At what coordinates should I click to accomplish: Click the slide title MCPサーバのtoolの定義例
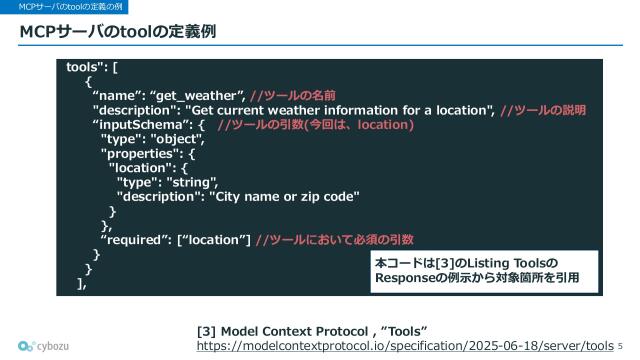[119, 35]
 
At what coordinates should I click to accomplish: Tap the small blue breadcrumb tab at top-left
[65, 7]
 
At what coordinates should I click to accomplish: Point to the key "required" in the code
[135, 240]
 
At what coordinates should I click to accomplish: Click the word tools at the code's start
[84, 67]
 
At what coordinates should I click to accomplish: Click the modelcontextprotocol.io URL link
[404, 345]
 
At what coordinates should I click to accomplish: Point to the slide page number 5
[620, 345]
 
